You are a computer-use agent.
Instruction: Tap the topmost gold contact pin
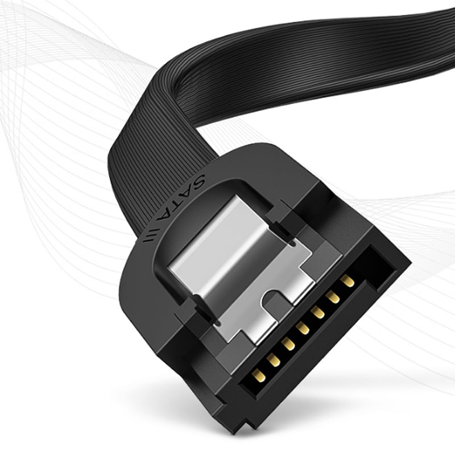348,280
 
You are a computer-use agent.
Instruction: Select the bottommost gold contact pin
259,375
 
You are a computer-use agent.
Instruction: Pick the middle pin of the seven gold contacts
303,329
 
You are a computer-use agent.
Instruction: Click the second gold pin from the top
333,296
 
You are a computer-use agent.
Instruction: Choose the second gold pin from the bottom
274,359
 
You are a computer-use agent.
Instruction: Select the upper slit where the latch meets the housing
284,233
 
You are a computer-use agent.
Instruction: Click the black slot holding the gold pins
307,336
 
